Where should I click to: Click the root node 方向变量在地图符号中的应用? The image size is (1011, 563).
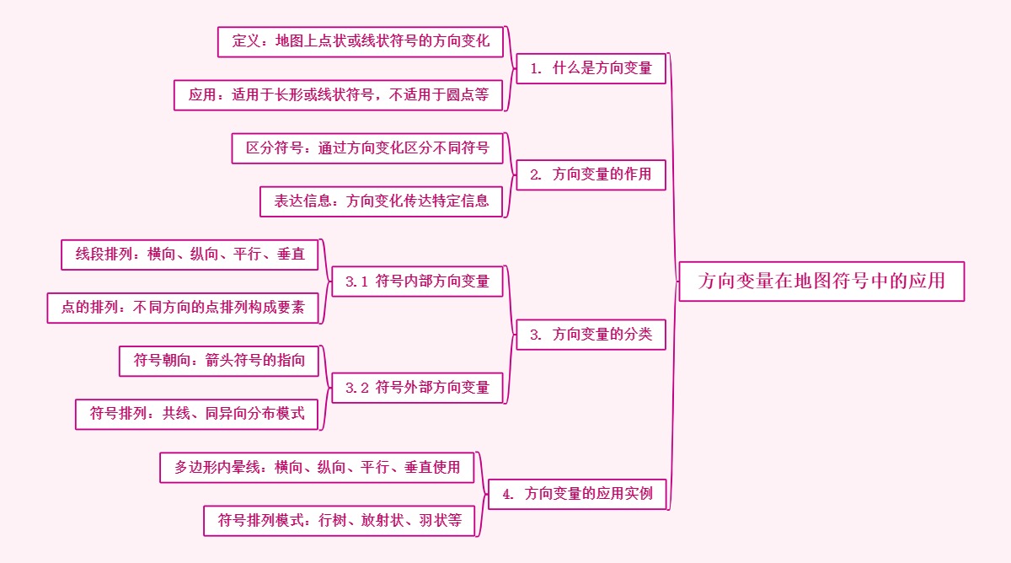pos(821,281)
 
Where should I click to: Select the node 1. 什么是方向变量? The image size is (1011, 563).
pos(591,68)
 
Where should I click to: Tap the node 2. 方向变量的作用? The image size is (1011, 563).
pos(591,174)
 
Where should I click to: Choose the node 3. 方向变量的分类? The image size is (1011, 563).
pos(591,335)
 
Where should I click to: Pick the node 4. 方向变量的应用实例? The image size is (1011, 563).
pos(577,494)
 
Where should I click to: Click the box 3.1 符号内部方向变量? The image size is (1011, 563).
pos(417,281)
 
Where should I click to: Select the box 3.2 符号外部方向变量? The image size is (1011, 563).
pos(417,388)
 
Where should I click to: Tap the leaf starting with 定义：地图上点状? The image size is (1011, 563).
pos(361,41)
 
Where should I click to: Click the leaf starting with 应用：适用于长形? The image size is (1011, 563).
pos(339,95)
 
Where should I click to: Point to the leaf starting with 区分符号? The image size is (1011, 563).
pos(367,148)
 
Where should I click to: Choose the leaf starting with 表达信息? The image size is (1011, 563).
pos(382,201)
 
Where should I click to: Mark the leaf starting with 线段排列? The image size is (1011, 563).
pos(190,255)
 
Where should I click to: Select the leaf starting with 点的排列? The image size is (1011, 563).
pos(184,308)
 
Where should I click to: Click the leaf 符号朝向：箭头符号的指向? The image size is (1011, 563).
pos(219,361)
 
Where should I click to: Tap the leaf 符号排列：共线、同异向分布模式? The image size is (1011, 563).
pos(197,414)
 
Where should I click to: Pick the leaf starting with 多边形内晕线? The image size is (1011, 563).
pos(318,467)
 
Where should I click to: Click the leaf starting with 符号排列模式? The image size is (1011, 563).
pos(340,520)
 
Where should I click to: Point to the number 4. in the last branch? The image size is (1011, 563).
pos(508,495)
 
